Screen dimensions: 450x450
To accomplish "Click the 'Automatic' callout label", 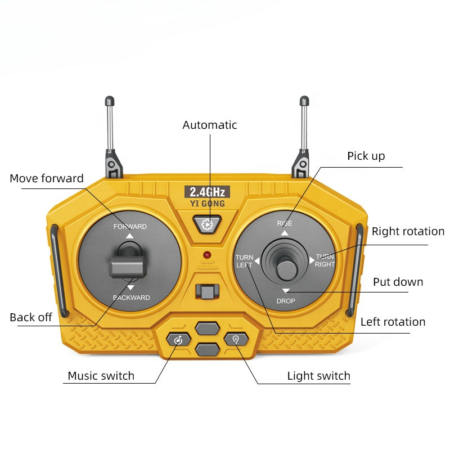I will [210, 125].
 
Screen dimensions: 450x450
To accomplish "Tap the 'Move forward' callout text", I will [47, 178].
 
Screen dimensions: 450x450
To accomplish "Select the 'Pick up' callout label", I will [366, 156].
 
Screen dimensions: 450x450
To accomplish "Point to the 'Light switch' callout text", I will [318, 376].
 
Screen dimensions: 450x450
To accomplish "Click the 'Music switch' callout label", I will [101, 376].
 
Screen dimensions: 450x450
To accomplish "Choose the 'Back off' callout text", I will [31, 317].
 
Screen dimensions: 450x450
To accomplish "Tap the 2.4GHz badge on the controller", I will [207, 192].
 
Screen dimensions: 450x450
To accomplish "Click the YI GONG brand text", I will [207, 204].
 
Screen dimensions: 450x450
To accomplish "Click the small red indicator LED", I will [207, 255].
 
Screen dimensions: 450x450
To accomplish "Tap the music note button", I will [178, 339].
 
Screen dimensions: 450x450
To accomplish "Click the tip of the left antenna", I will [110, 101].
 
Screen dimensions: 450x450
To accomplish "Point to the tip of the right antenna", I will [304, 101].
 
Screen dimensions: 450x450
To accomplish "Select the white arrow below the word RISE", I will [285, 233].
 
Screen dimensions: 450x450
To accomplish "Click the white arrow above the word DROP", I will [286, 291].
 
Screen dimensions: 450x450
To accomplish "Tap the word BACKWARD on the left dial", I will [131, 298].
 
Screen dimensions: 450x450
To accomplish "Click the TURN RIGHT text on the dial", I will [325, 260].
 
